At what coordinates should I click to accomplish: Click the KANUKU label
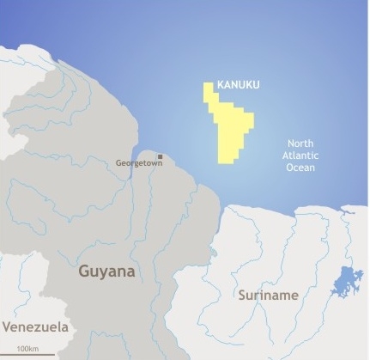click(x=239, y=85)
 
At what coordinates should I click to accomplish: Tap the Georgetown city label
click(x=139, y=162)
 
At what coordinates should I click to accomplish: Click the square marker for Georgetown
click(x=161, y=156)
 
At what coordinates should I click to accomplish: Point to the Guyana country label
click(x=106, y=272)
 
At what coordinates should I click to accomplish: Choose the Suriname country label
click(x=269, y=296)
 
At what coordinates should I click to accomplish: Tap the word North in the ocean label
click(x=300, y=143)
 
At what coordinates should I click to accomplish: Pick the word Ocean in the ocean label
click(x=300, y=168)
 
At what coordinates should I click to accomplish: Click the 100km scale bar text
click(x=27, y=348)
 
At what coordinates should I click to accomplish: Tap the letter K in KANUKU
click(x=221, y=85)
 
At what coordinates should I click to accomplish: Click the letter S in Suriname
click(x=243, y=296)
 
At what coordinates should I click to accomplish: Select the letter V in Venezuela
click(x=7, y=327)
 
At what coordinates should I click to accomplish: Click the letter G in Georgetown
click(x=119, y=162)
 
